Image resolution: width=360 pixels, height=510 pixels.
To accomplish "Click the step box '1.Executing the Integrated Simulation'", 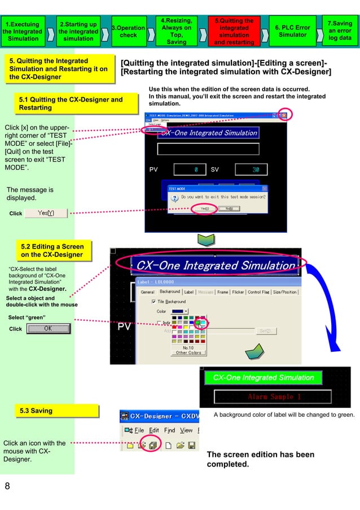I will tap(23, 31).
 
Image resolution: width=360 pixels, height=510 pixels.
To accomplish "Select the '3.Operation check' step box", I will tap(128, 31).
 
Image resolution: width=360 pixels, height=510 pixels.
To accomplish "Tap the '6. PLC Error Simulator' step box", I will tap(292, 31).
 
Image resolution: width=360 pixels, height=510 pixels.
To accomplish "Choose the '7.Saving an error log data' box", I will tap(340, 31).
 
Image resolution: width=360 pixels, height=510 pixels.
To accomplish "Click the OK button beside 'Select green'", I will tap(48, 329).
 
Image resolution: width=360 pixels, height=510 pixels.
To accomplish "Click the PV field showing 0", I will tap(190, 169).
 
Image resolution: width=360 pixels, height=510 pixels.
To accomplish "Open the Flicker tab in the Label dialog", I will tap(238, 292).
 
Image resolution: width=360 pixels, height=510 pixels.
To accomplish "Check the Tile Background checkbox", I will tap(154, 302).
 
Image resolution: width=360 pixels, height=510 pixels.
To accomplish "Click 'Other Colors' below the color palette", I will tap(188, 352).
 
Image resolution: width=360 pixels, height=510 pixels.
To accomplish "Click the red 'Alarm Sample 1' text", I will tap(274, 397).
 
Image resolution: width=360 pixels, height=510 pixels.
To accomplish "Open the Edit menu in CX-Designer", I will tap(153, 430).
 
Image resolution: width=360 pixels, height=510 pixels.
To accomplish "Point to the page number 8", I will tap(7, 486).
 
